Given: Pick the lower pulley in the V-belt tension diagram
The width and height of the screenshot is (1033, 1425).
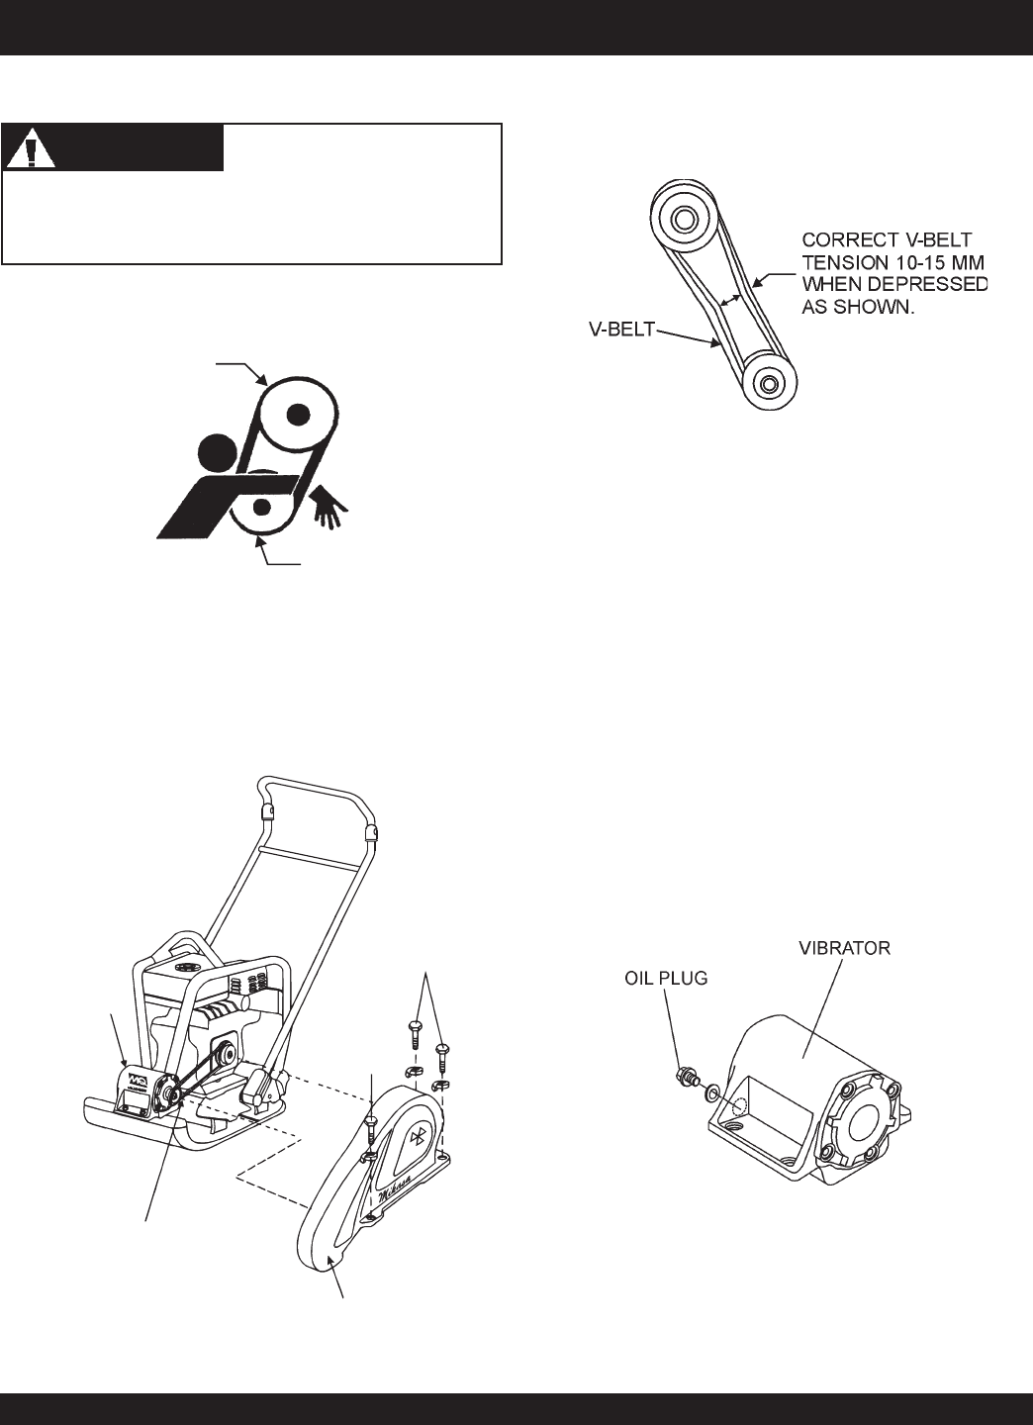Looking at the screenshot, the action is click(x=768, y=380).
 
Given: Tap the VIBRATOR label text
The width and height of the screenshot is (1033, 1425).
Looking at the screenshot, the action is click(x=843, y=948).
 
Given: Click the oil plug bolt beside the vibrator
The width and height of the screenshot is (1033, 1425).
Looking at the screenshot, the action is click(x=683, y=1076).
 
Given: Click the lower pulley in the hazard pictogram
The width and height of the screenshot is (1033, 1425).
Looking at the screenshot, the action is click(x=262, y=507).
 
